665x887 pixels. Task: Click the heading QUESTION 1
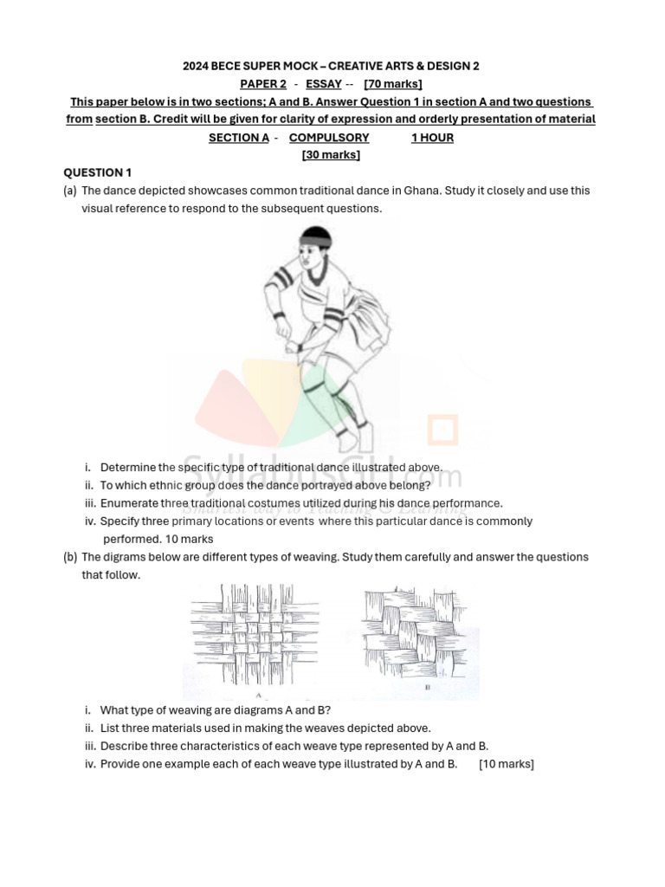98,172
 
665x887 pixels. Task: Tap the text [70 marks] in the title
393,84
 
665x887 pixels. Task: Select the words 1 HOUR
432,138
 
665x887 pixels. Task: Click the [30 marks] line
331,155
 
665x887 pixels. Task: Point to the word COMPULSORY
329,138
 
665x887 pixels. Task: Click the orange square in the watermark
442,431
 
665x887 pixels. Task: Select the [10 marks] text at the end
507,764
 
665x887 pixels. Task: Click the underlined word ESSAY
324,84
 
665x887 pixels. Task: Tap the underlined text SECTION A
239,138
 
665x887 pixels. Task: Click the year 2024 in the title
197,66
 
